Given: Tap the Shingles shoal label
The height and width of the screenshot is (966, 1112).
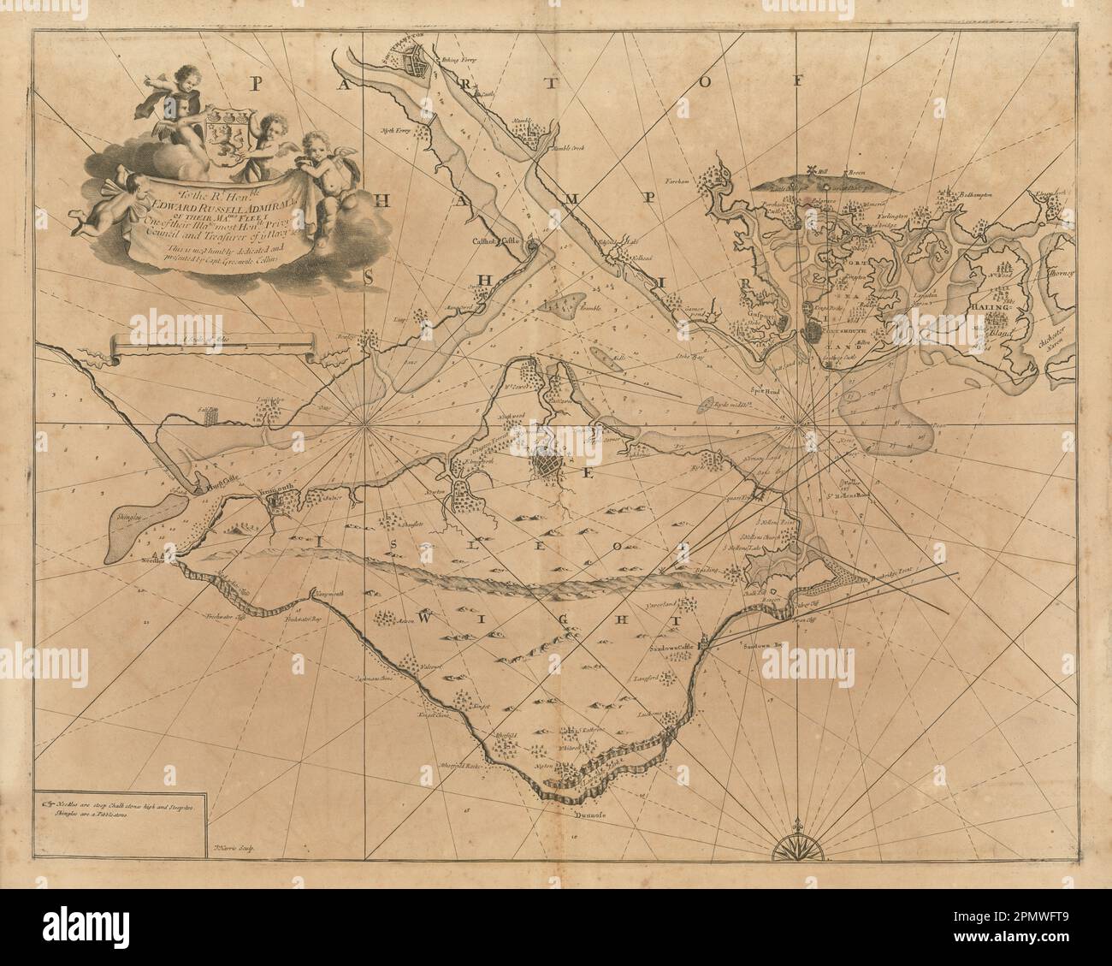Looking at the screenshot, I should click(125, 518).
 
